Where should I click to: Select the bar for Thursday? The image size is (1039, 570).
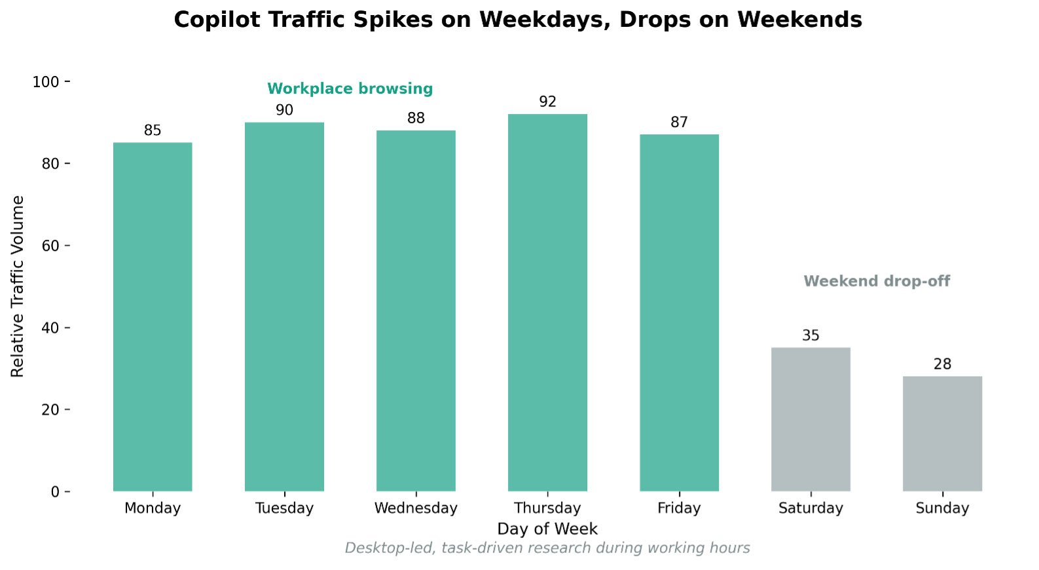point(547,303)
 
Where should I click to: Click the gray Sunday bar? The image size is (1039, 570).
point(942,434)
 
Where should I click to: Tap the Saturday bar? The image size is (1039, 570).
point(811,419)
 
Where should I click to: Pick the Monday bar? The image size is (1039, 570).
point(153,316)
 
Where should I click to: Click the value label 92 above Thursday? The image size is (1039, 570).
point(547,102)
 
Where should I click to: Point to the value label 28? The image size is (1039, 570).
point(942,364)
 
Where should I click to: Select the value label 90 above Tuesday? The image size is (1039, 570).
point(284,110)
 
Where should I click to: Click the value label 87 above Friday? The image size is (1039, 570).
point(679,123)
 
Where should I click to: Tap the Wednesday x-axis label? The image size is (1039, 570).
point(416,508)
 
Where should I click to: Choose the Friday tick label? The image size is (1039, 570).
point(679,508)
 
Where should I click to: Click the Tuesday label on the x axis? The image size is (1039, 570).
point(284,508)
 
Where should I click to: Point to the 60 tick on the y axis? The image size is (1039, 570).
point(50,246)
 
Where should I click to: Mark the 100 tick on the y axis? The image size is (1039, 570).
point(46,82)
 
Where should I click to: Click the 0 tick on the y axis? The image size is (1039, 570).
point(55,492)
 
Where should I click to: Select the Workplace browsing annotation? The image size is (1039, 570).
point(350,89)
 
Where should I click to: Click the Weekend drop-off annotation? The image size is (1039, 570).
point(877,281)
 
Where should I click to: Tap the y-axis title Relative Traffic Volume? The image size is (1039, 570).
point(18,286)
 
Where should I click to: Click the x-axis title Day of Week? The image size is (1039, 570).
point(547,529)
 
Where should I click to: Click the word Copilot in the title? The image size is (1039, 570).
point(217,20)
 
